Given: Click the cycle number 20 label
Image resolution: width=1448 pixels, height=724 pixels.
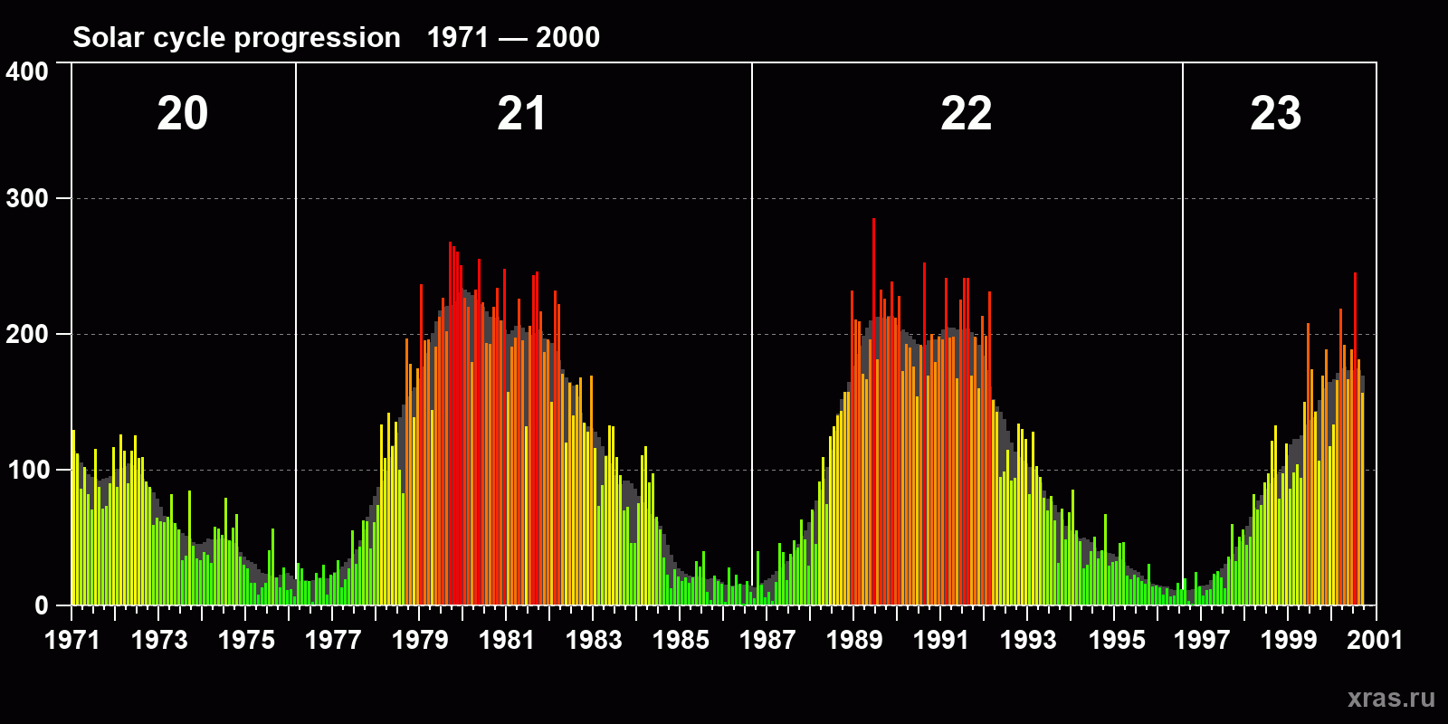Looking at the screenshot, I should tap(183, 114).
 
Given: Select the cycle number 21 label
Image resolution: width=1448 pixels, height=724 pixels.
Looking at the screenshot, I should tap(521, 114).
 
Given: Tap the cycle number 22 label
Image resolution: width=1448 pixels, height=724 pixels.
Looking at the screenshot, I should tap(966, 114).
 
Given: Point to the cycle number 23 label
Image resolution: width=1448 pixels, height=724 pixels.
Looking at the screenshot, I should tap(1275, 114).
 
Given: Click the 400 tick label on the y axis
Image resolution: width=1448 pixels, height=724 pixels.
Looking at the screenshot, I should tap(27, 72).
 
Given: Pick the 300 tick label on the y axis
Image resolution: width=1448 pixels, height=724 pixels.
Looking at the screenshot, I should tap(27, 199).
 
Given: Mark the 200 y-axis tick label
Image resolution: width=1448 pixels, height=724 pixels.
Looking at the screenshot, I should tap(27, 334).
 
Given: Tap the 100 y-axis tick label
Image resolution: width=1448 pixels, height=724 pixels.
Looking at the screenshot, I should tap(27, 470).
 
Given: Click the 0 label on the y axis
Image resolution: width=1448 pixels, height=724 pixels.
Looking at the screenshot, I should tap(41, 605).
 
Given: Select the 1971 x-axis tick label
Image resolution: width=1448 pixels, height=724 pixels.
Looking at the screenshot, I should tap(72, 640).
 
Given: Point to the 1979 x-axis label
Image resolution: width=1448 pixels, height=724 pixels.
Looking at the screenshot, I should tap(420, 640).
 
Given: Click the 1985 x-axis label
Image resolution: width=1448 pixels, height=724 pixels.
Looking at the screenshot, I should tap(681, 640).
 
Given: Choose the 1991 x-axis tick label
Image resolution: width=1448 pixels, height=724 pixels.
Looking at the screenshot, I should tap(941, 640).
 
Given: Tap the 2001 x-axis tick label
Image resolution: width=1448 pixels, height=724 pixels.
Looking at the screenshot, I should tap(1375, 640).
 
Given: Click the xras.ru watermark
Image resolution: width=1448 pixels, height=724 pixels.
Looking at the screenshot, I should tap(1391, 698).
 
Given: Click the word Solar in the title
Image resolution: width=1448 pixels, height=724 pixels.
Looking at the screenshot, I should tap(102, 37).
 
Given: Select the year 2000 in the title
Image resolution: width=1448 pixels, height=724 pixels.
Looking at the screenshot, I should tap(567, 37).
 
